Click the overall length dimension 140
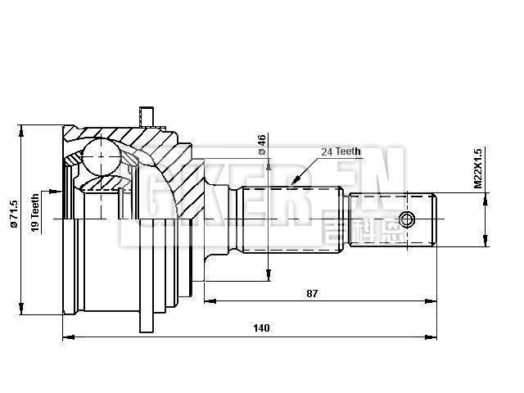point(261,328)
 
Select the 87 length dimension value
point(311,292)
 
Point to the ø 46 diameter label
point(261,144)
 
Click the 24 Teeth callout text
point(341,151)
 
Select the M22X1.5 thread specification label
point(478,168)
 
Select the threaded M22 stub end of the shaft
point(394,219)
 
